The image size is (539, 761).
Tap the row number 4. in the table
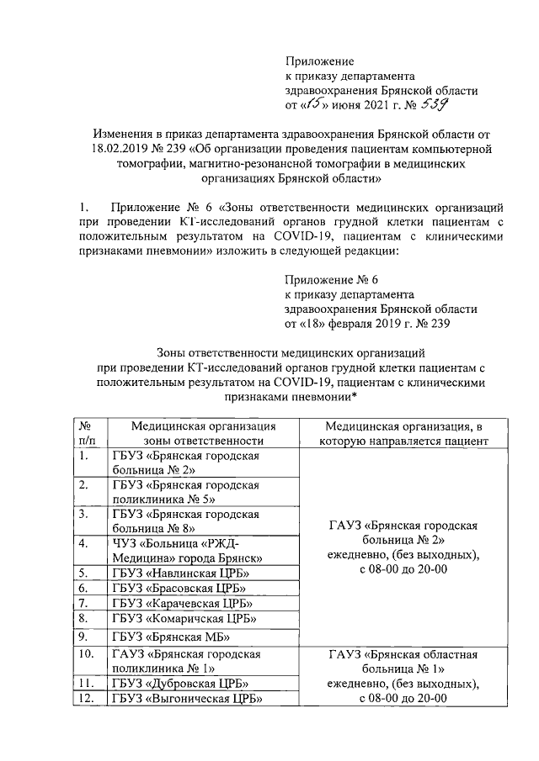(83, 543)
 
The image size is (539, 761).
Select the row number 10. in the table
(86, 653)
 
